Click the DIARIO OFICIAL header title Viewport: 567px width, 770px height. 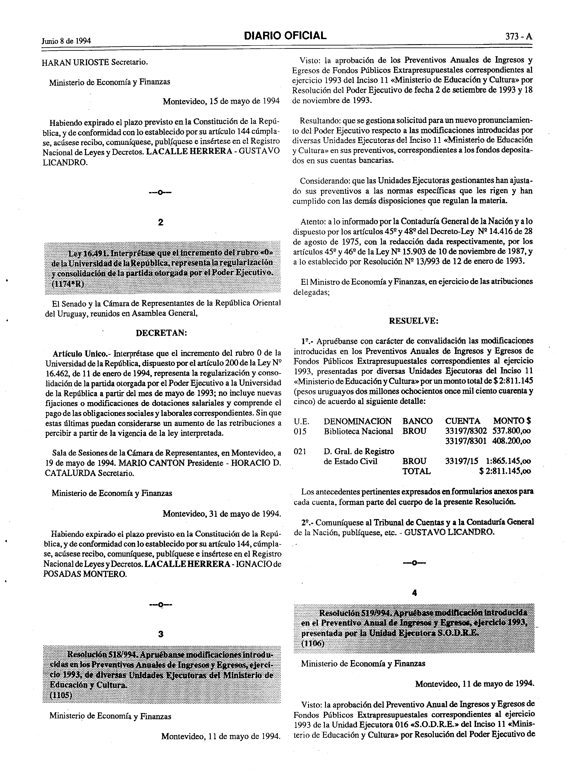tap(285, 36)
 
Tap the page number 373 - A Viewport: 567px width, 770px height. tap(518, 37)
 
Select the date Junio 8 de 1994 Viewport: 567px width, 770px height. tap(66, 41)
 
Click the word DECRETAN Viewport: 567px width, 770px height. tap(161, 333)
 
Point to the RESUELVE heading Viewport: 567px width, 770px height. tap(414, 321)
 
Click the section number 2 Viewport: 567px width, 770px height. tap(160, 222)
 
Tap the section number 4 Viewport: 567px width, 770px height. tap(414, 593)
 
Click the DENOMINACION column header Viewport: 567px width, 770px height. tap(357, 421)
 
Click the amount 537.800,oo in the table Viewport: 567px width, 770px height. tap(511, 431)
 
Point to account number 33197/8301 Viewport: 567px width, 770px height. tap(465, 441)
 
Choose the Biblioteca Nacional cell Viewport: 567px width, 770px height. tap(358, 431)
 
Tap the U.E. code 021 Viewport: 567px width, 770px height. tap(300, 452)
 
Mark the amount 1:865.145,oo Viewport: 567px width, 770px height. tap(509, 461)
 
